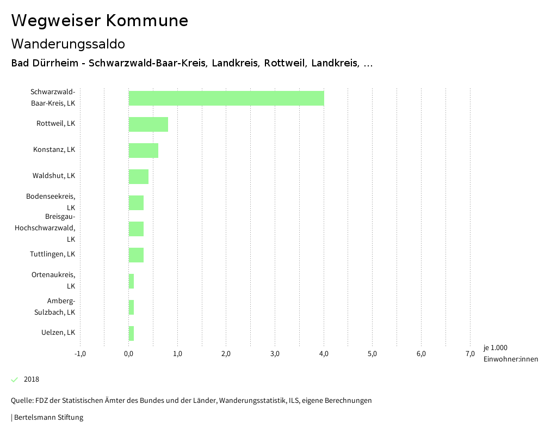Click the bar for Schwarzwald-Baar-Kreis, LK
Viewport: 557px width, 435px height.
click(x=226, y=98)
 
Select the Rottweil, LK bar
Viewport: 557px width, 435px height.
click(x=148, y=124)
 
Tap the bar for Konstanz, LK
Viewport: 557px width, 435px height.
click(x=144, y=150)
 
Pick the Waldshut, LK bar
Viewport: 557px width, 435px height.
click(x=139, y=176)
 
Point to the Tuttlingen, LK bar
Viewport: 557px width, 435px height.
click(x=136, y=255)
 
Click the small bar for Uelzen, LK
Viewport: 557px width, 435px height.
click(x=131, y=333)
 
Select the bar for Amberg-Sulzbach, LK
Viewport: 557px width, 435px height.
click(x=131, y=307)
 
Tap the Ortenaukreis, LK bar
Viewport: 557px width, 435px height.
click(x=131, y=281)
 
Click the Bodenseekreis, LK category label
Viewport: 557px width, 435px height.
click(x=51, y=202)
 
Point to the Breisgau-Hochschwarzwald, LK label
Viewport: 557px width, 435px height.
click(x=45, y=228)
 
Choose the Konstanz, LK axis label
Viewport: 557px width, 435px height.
click(x=54, y=150)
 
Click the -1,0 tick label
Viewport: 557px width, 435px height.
click(x=80, y=354)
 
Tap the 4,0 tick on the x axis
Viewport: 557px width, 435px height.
click(x=324, y=354)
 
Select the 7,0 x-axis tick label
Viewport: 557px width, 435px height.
click(x=470, y=354)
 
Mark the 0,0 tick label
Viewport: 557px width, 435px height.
click(x=129, y=354)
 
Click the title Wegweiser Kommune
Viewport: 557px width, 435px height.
click(x=100, y=21)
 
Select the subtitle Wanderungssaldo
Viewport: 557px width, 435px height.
click(x=68, y=44)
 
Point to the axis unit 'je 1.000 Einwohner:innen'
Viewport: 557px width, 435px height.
click(x=510, y=353)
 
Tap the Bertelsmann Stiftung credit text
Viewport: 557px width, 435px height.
click(x=48, y=418)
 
